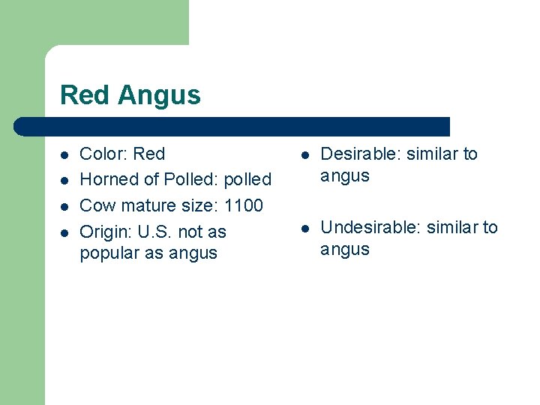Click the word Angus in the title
click(159, 96)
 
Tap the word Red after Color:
click(149, 154)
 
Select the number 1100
click(243, 205)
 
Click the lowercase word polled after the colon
click(247, 180)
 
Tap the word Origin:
click(106, 232)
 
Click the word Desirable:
click(358, 154)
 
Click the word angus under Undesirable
click(345, 250)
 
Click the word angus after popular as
click(193, 253)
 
